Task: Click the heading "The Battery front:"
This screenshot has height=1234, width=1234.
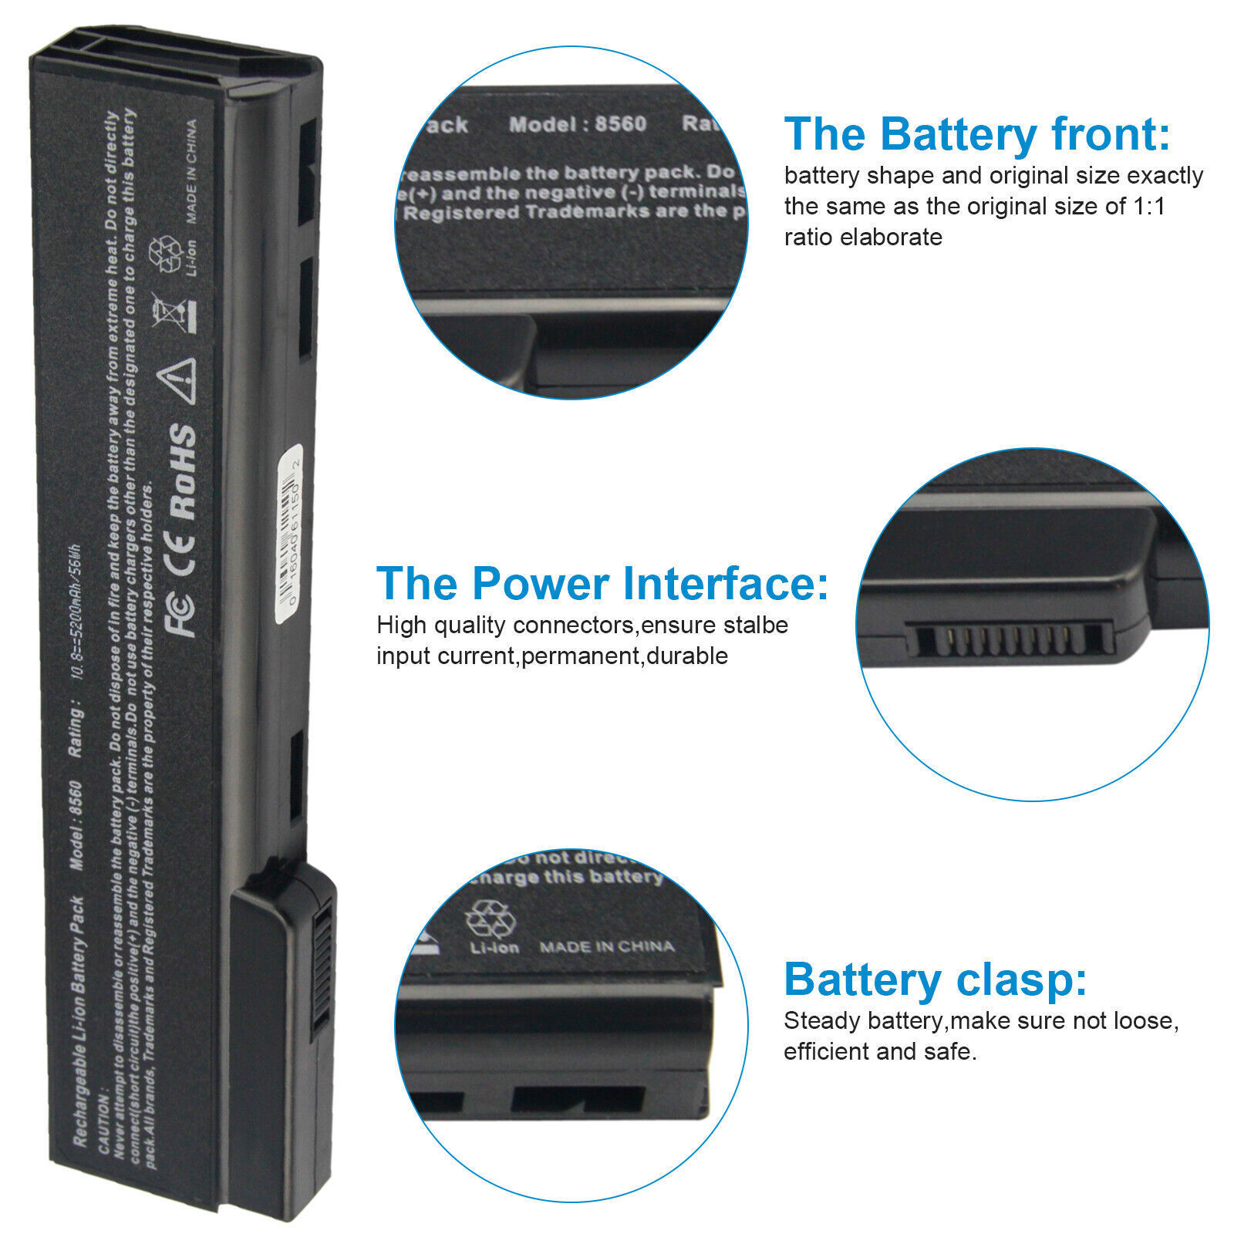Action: click(976, 134)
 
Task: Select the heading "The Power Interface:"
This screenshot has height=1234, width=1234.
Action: click(602, 583)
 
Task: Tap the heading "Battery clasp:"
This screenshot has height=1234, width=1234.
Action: click(935, 979)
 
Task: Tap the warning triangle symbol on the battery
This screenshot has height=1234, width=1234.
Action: click(177, 379)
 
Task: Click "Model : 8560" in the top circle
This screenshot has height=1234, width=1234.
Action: click(577, 124)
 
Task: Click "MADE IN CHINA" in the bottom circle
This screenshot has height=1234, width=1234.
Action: click(606, 946)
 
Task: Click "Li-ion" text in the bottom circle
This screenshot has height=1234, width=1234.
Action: click(494, 947)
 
